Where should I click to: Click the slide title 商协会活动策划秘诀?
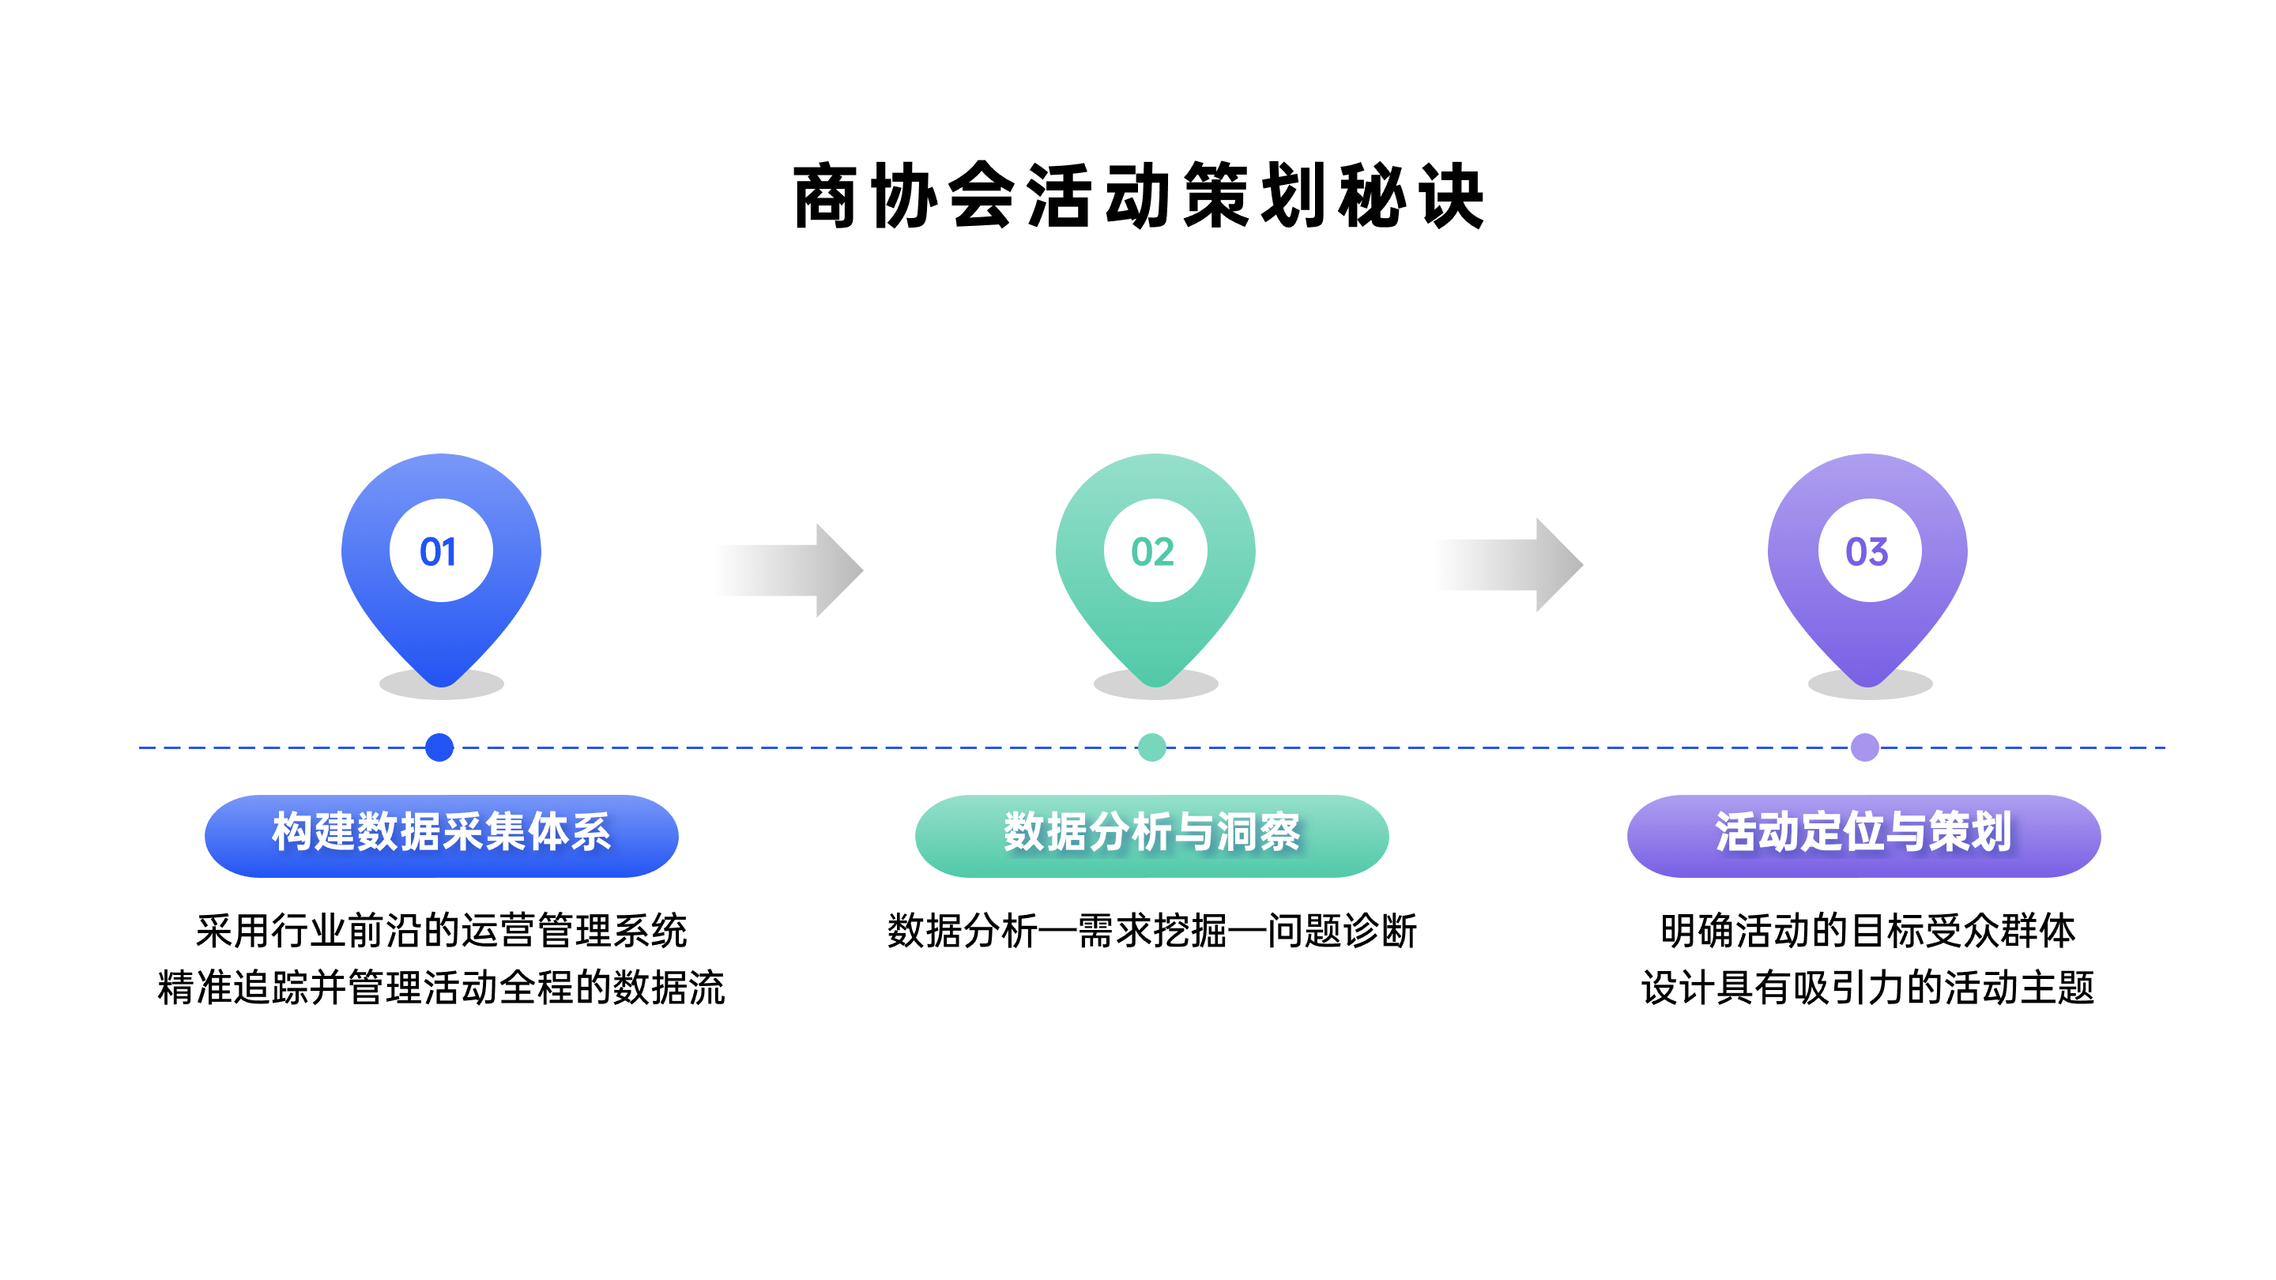tap(1138, 195)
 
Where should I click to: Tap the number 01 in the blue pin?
tap(439, 552)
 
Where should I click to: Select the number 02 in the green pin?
tap(1153, 552)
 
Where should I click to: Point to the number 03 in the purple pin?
tap(1867, 552)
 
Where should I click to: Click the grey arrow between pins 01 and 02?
tap(789, 570)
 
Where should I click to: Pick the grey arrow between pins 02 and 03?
tap(1510, 564)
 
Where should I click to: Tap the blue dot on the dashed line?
tap(439, 747)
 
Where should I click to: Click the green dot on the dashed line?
tap(1152, 747)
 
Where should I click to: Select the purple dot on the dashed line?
tap(1865, 747)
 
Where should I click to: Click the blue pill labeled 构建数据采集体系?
tap(442, 836)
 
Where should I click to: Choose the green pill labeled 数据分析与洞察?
tap(1152, 836)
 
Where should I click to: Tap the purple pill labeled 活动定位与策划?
tap(1864, 836)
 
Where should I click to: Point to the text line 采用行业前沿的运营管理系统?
tap(442, 931)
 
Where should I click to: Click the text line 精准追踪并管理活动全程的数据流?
tap(442, 988)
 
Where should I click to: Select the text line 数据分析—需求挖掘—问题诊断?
tap(1152, 931)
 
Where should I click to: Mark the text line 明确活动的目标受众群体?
tap(1867, 931)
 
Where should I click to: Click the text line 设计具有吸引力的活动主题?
tap(1867, 988)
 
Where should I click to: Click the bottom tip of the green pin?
tap(1155, 687)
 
